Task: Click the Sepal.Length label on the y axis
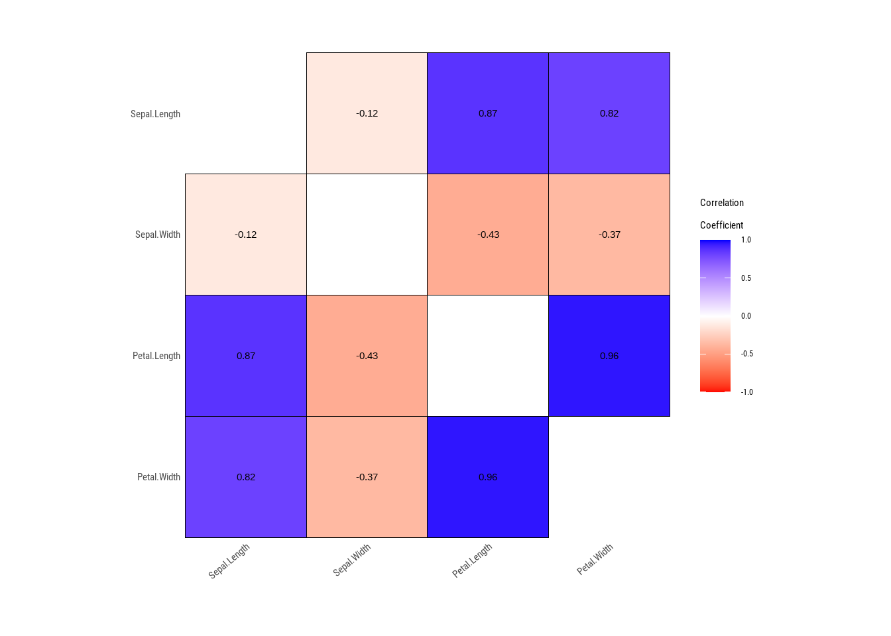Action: (155, 114)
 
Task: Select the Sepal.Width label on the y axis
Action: (157, 235)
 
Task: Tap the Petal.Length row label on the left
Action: (156, 356)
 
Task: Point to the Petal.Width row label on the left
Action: (158, 477)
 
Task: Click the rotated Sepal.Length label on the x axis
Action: (229, 561)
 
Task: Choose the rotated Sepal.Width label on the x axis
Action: (351, 560)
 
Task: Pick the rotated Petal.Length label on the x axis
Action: (472, 561)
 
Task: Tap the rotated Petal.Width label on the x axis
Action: (595, 560)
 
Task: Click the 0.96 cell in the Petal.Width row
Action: (488, 477)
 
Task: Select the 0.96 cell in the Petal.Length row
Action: (609, 356)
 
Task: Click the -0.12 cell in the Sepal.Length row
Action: (367, 113)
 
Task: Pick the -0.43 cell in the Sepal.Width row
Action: (488, 235)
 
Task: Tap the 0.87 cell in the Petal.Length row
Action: (246, 356)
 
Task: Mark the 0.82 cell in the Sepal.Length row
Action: (609, 113)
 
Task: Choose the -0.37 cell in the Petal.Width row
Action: (367, 477)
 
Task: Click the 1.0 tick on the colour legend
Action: (746, 240)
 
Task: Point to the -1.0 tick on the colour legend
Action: (746, 392)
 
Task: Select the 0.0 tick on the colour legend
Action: (746, 316)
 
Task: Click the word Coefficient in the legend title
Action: (721, 225)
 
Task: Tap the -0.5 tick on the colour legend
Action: (746, 354)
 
